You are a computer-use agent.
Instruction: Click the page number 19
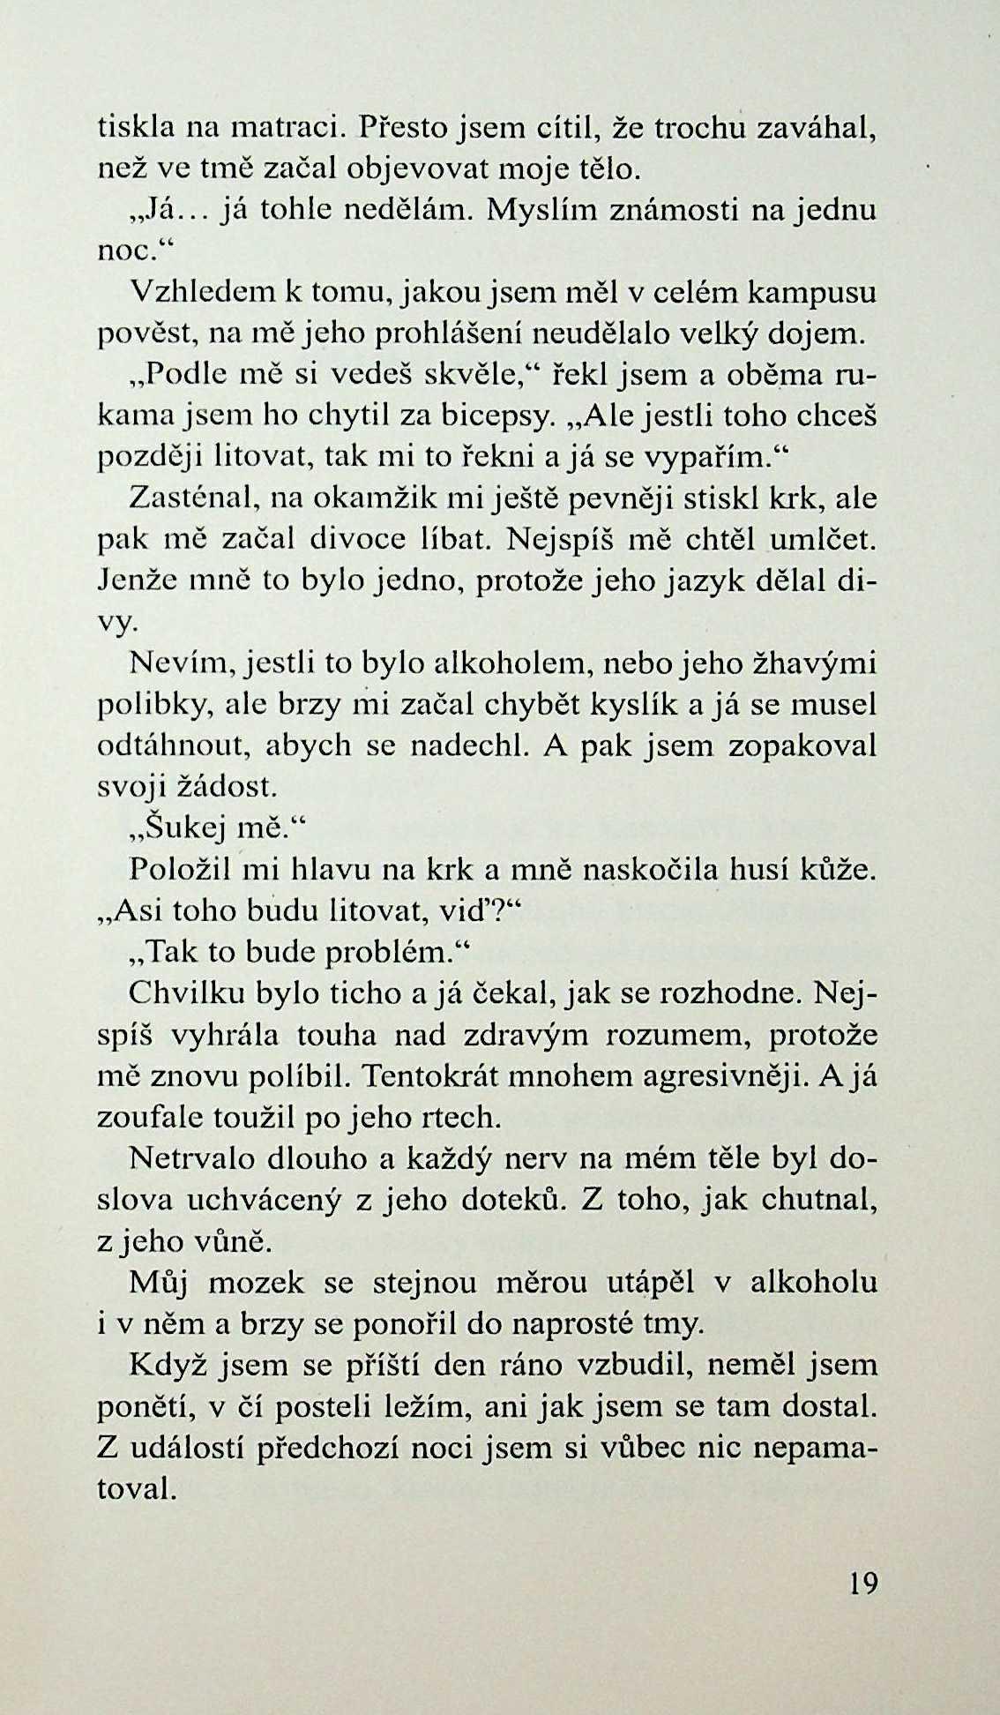pos(863,1584)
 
